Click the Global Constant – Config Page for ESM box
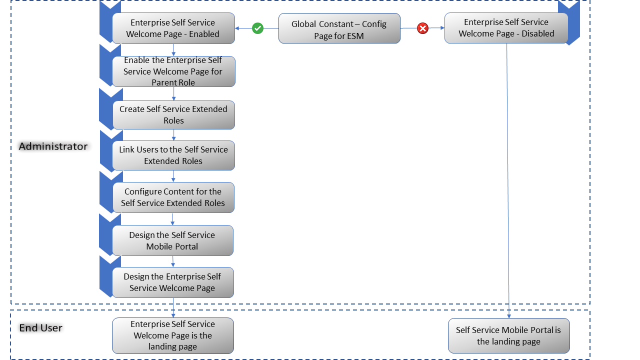tap(339, 28)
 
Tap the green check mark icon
tap(257, 28)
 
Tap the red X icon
tap(422, 28)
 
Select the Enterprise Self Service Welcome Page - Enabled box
tap(173, 28)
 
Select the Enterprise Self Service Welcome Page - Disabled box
tap(506, 28)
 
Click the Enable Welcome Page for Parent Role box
tap(173, 71)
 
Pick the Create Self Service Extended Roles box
tap(173, 115)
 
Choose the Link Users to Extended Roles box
tap(173, 155)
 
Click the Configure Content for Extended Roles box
tap(173, 197)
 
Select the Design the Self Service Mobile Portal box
tap(172, 240)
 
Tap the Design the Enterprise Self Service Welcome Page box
tap(172, 282)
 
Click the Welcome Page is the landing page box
tap(172, 335)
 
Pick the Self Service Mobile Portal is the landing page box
tap(508, 335)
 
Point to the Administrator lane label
tap(53, 146)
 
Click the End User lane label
tap(40, 328)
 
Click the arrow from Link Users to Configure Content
tap(173, 176)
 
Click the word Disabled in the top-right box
tap(538, 34)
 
